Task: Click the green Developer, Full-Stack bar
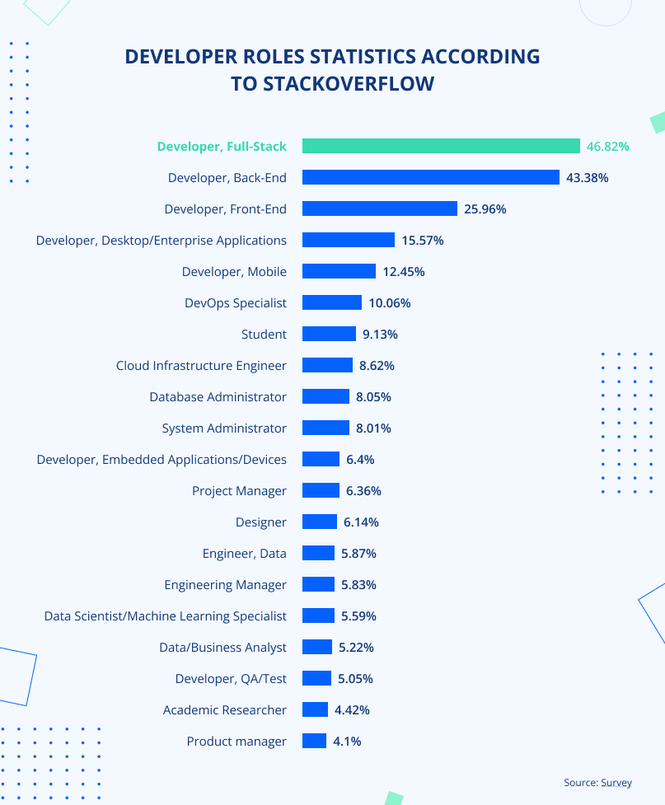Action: pos(441,146)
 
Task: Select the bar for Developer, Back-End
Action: pos(431,177)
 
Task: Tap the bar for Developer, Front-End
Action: pos(380,208)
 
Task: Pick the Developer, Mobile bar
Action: pos(339,271)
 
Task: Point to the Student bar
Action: pos(329,334)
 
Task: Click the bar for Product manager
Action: pos(314,741)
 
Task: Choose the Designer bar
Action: pos(320,522)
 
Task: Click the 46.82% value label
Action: pos(608,147)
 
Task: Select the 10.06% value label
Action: pos(390,303)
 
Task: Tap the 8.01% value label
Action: pos(373,428)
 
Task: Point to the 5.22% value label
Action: pos(356,648)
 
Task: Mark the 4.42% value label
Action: pos(352,710)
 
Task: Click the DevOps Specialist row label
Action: pos(236,303)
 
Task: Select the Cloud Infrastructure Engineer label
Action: pos(201,366)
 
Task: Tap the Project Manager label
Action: pos(239,491)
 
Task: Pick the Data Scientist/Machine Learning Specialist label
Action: pos(165,616)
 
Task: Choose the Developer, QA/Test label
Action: pos(231,679)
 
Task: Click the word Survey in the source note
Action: pos(616,783)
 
